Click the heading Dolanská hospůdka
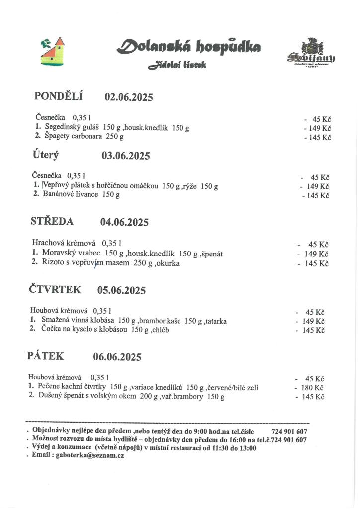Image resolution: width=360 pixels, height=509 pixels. click(188, 48)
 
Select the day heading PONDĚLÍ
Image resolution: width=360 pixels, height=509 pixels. click(58, 96)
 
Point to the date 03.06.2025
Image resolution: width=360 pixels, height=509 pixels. click(126, 156)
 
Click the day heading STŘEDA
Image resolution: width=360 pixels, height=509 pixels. click(52, 222)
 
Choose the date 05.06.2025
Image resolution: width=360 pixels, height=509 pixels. click(121, 290)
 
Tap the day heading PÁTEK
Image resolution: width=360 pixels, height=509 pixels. click(45, 356)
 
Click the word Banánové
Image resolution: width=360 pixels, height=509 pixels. click(58, 194)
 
